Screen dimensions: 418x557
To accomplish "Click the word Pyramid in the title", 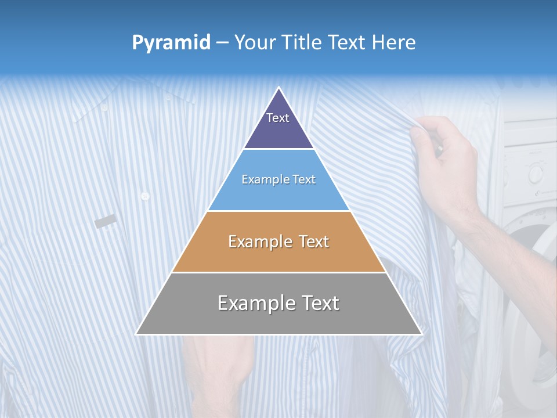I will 171,43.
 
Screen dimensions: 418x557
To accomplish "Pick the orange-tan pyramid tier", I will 278,255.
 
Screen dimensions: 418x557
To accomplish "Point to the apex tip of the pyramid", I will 279,88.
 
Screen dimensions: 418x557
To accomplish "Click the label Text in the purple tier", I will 277,118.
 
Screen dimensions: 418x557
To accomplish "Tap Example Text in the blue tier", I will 278,179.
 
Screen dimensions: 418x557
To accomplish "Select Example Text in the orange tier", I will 278,242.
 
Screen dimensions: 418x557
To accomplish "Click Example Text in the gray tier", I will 278,303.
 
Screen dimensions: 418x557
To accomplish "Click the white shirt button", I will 145,196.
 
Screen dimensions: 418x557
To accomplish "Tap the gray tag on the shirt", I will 106,221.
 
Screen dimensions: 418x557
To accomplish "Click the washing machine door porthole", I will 537,302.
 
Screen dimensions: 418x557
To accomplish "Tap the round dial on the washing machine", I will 535,172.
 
